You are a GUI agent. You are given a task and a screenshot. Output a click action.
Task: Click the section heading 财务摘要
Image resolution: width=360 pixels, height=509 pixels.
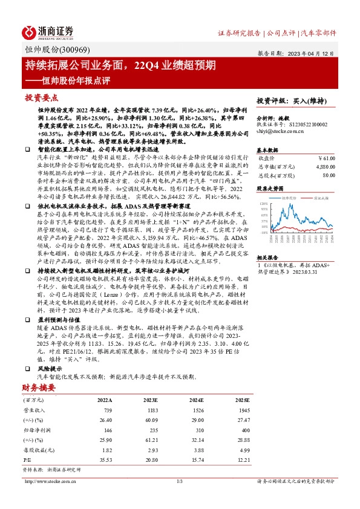(39, 387)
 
